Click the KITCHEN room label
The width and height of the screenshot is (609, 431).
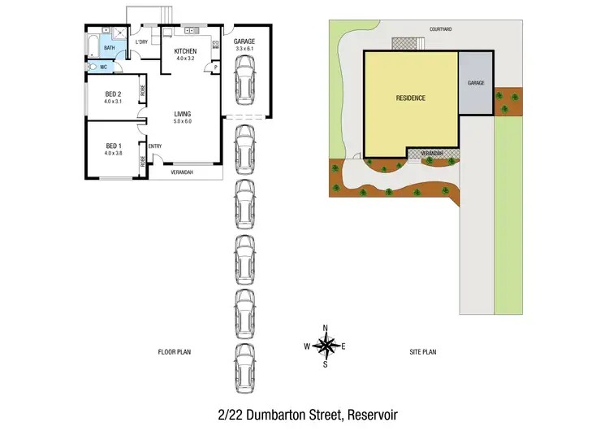[x=185, y=51]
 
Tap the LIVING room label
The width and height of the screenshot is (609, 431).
[x=182, y=114]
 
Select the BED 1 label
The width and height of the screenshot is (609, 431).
[x=111, y=146]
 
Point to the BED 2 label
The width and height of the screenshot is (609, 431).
[x=111, y=94]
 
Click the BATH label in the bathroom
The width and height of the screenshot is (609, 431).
[x=108, y=47]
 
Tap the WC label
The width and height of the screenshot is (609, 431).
[x=104, y=67]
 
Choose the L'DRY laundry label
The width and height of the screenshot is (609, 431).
[x=140, y=41]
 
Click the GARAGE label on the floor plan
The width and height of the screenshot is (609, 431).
[x=244, y=41]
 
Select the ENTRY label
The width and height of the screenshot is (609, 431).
[x=155, y=146]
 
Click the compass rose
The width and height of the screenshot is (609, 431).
[x=325, y=346]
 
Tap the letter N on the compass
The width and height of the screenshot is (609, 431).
[x=325, y=328]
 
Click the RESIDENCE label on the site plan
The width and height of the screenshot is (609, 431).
[x=410, y=98]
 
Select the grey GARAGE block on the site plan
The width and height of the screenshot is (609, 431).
[x=476, y=83]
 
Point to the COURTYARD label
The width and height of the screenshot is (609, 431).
[x=441, y=29]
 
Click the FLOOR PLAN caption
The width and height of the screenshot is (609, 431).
[x=175, y=352]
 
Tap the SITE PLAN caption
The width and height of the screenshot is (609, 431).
[x=422, y=352]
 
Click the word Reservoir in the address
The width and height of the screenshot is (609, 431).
[x=373, y=414]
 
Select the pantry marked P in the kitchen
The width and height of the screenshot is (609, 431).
[x=216, y=68]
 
